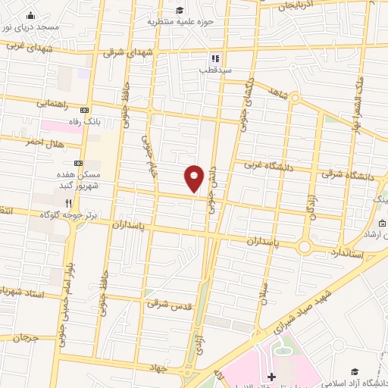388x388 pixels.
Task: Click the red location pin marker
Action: (194, 179)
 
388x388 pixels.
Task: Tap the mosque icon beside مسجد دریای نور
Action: (30, 15)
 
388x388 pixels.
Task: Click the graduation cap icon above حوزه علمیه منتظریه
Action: (180, 9)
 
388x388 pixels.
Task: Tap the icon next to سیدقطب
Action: (215, 58)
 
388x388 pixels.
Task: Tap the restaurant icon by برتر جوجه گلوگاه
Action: (69, 203)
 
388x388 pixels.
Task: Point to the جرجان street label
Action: (25, 336)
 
